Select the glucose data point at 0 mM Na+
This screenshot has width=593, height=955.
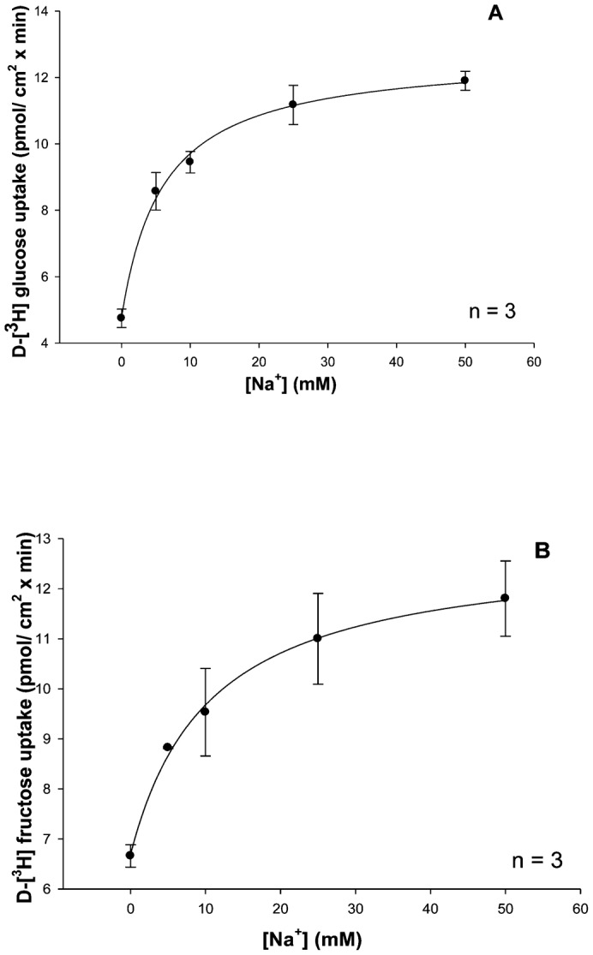122,318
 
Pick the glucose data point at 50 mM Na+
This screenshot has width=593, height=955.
464,81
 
